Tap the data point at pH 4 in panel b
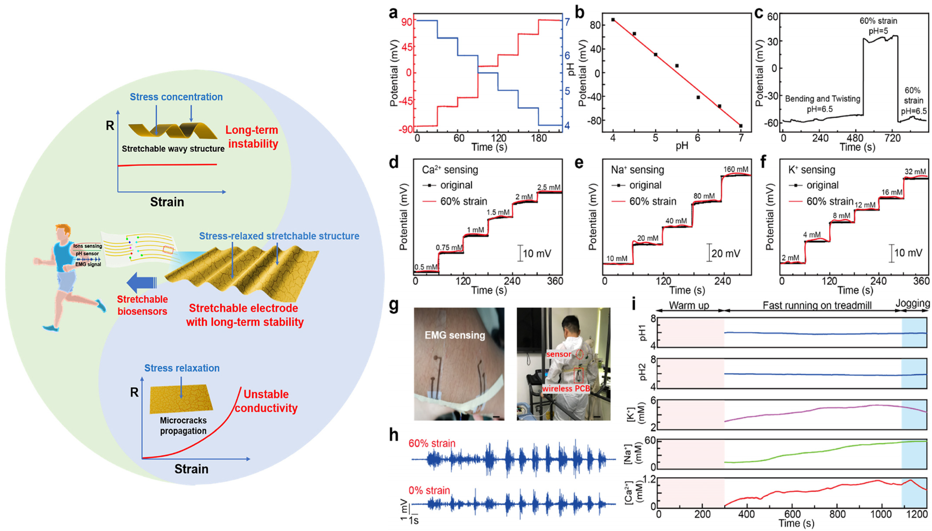point(613,20)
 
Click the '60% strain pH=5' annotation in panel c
point(878,26)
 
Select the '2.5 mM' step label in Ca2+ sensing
point(548,187)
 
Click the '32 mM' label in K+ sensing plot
point(915,171)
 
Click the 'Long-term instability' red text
point(252,137)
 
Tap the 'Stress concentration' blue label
point(176,97)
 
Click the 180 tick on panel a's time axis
point(539,138)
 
